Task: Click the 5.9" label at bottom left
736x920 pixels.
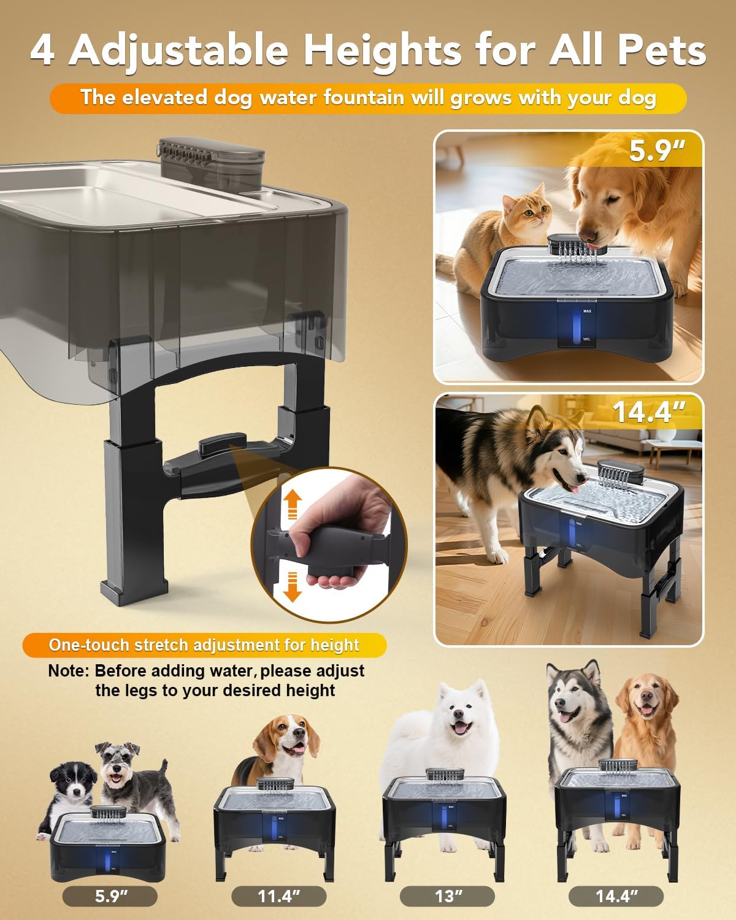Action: [x=110, y=896]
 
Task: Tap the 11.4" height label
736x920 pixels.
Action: [x=278, y=896]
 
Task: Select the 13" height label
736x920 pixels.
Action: [x=447, y=896]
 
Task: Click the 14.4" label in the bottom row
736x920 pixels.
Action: [x=616, y=896]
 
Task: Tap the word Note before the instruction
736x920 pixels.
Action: [x=68, y=671]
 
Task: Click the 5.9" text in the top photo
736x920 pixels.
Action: [x=657, y=151]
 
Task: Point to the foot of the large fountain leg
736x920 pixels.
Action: [x=134, y=590]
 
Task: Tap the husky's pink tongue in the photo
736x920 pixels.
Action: [x=576, y=487]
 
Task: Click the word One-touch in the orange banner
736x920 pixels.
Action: [x=89, y=645]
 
